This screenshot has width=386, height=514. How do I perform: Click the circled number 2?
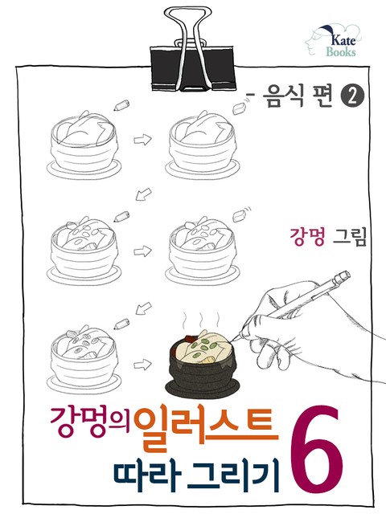pos(353,97)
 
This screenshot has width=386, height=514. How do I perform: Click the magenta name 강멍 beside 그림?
pos(307,237)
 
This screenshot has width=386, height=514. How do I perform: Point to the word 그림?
pos(349,237)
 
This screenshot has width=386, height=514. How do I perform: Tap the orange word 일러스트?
pos(206,428)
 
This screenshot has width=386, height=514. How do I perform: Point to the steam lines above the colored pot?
pos(201,320)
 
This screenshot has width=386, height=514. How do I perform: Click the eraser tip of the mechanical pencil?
pos(345,275)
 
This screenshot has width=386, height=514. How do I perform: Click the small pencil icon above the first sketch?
pos(121,104)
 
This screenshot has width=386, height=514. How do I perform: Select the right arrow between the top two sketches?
pos(142,139)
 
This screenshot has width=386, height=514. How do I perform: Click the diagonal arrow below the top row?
pos(143,194)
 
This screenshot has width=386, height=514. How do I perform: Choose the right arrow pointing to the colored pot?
pos(142,365)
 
